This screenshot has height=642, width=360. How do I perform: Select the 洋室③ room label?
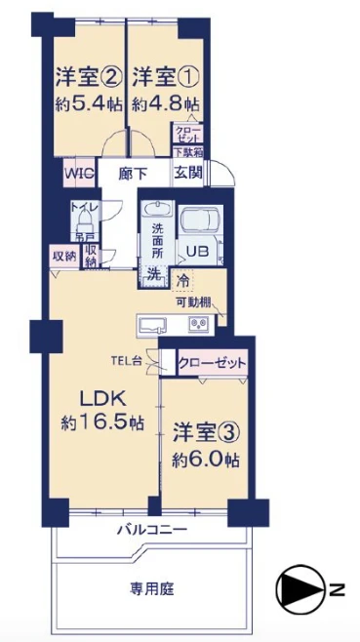coord(207,431)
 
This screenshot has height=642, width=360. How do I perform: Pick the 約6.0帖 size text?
coord(207,459)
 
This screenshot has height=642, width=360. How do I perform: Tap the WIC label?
coord(79,173)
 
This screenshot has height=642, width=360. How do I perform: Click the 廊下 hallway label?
coord(133,173)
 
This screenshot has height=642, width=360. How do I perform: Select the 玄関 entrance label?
coord(188,173)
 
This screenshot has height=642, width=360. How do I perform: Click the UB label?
coord(197,251)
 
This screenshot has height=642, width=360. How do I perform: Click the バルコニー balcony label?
coord(151,530)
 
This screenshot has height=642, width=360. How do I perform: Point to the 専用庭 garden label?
coord(151,589)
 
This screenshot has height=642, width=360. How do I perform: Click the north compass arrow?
coord(297,588)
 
